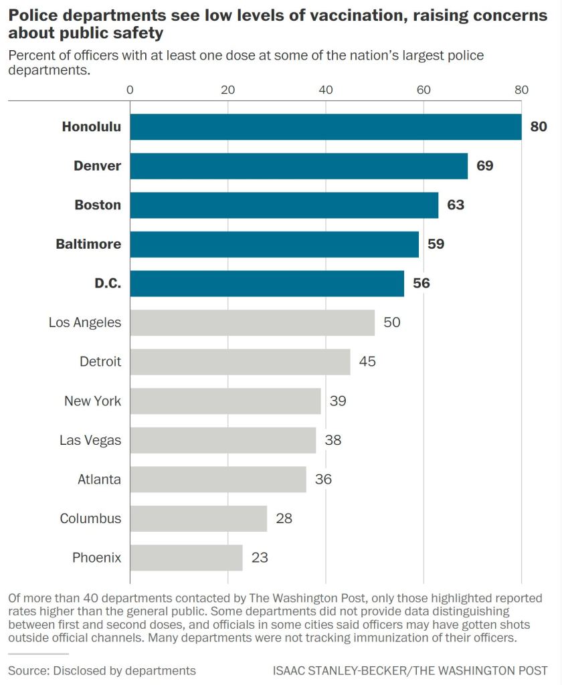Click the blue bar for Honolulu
pos(325,127)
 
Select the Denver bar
pos(298,166)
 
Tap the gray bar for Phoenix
pos(186,557)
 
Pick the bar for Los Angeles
pos(252,322)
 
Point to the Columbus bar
pos(198,518)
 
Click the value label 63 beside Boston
pos(456,205)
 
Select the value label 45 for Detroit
pos(367,362)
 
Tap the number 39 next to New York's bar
pos(338,401)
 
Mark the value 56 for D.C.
pos(421,283)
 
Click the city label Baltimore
pos(88,244)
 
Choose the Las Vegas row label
pos(90,440)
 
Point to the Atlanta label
pos(99,479)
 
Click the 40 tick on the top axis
pos(326,90)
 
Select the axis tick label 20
pos(227,90)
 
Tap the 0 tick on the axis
pos(130,90)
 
